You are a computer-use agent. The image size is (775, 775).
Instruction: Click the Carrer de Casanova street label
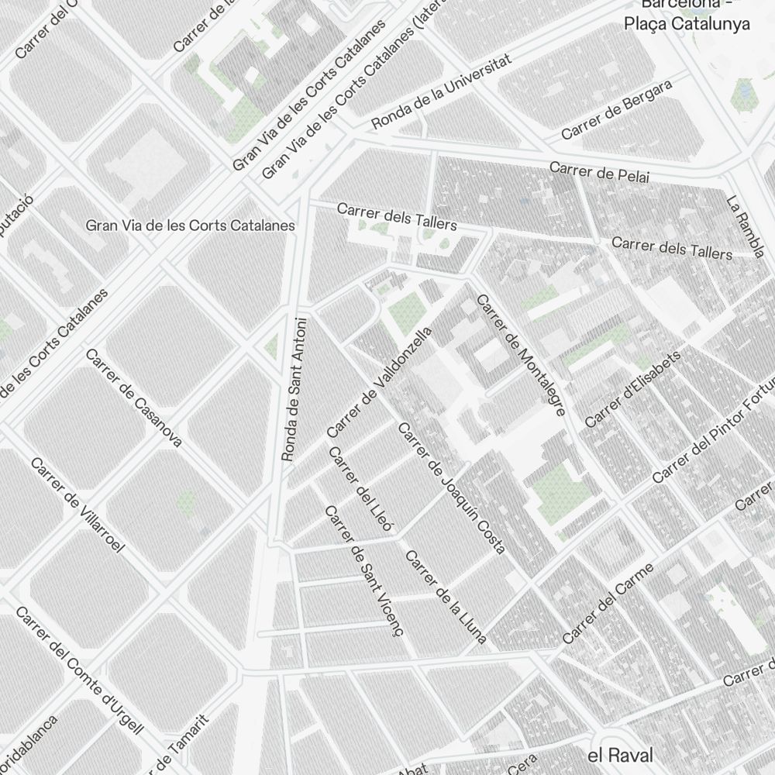[x=133, y=398]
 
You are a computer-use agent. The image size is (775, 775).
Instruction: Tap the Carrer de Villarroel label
[x=77, y=505]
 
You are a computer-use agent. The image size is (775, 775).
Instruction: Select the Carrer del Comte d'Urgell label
[x=79, y=670]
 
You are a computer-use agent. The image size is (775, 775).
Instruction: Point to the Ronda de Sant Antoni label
[x=294, y=389]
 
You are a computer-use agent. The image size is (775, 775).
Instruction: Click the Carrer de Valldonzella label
[x=379, y=381]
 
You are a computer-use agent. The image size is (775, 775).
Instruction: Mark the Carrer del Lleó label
[x=361, y=490]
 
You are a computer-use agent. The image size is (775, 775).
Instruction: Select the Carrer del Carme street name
[x=608, y=604]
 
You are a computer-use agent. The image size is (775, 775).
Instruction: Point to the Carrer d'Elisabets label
[x=632, y=388]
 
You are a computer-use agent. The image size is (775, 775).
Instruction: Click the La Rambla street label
[x=746, y=226]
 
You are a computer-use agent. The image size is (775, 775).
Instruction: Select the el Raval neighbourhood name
[x=620, y=755]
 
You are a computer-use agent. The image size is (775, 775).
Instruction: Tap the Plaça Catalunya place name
[x=687, y=23]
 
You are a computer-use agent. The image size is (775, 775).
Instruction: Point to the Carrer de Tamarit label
[x=184, y=742]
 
